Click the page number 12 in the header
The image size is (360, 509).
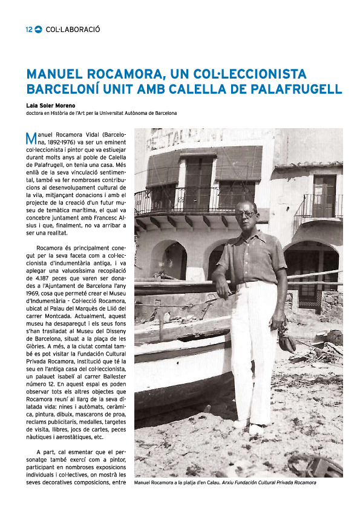click(x=28, y=29)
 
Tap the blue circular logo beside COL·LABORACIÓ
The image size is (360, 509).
click(x=38, y=29)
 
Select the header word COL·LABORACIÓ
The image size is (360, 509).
click(x=73, y=29)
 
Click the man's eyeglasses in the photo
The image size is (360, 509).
click(x=246, y=213)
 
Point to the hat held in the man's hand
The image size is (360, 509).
click(x=287, y=343)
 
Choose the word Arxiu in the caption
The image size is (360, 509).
click(x=243, y=482)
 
